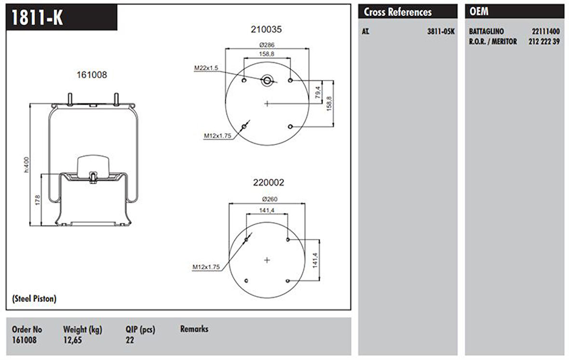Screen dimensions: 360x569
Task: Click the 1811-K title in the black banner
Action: pyautogui.click(x=37, y=18)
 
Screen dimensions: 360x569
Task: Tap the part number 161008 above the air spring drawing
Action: pyautogui.click(x=92, y=75)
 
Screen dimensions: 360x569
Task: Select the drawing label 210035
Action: pyautogui.click(x=266, y=29)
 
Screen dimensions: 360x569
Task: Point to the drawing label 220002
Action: pyautogui.click(x=269, y=183)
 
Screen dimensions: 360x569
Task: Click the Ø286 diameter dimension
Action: pyautogui.click(x=267, y=45)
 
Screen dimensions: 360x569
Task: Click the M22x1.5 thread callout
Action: pyautogui.click(x=206, y=68)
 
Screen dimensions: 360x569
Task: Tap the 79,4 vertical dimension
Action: pyautogui.click(x=318, y=91)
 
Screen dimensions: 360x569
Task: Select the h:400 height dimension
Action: pyautogui.click(x=27, y=164)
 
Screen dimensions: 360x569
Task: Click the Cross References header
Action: pyautogui.click(x=398, y=12)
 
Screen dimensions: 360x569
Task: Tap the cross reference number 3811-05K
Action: pyautogui.click(x=440, y=32)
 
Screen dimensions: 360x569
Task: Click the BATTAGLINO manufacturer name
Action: pyautogui.click(x=486, y=32)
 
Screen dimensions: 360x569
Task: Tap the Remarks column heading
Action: pyautogui.click(x=194, y=329)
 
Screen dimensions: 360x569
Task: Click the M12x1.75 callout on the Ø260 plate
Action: pyautogui.click(x=206, y=267)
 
